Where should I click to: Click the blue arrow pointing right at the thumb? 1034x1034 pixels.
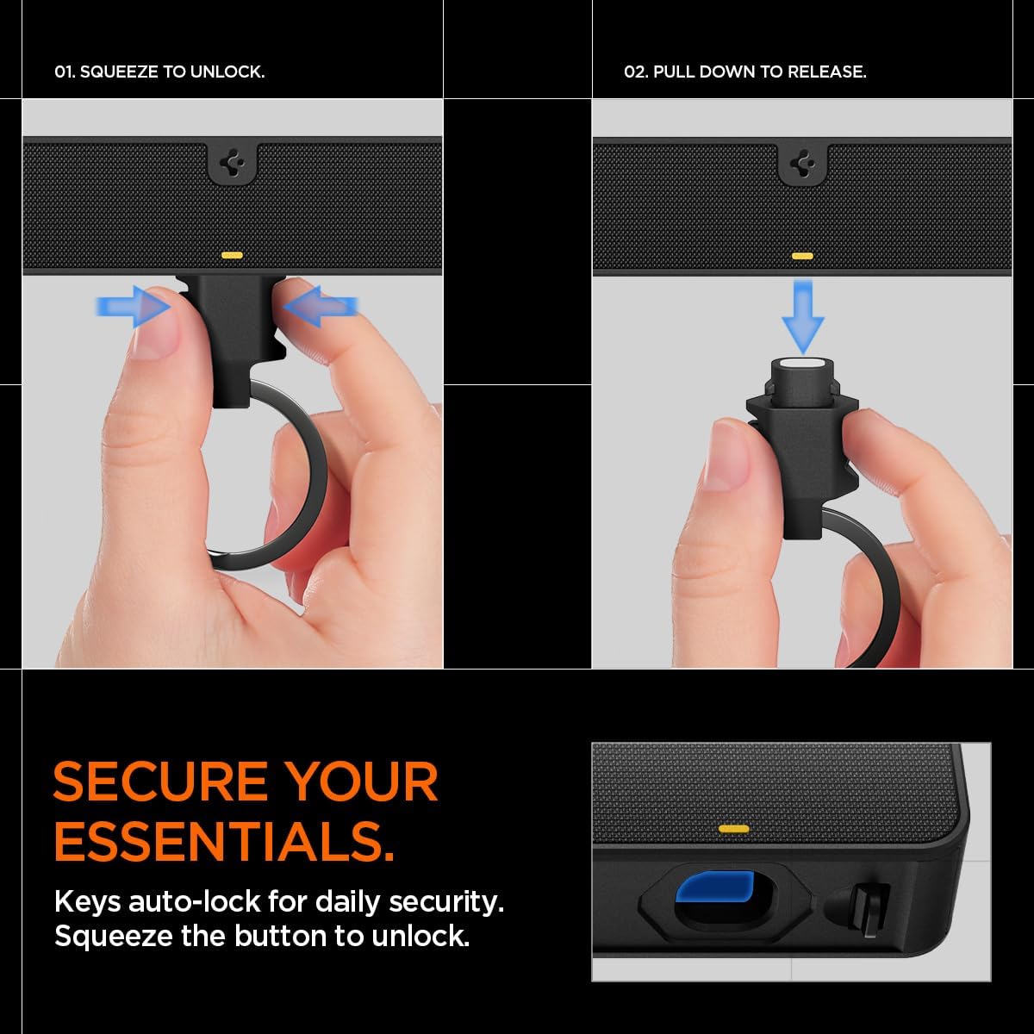130,307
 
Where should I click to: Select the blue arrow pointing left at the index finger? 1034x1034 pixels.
321,307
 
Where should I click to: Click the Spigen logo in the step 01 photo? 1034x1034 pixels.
232,163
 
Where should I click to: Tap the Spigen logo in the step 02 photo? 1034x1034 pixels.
802,163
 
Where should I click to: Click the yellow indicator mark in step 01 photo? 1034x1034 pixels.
232,255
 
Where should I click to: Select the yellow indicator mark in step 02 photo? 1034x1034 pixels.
802,256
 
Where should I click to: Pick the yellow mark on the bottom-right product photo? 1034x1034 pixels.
732,828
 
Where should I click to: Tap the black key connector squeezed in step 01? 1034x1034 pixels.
234,345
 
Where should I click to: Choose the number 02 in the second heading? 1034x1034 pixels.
635,72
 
